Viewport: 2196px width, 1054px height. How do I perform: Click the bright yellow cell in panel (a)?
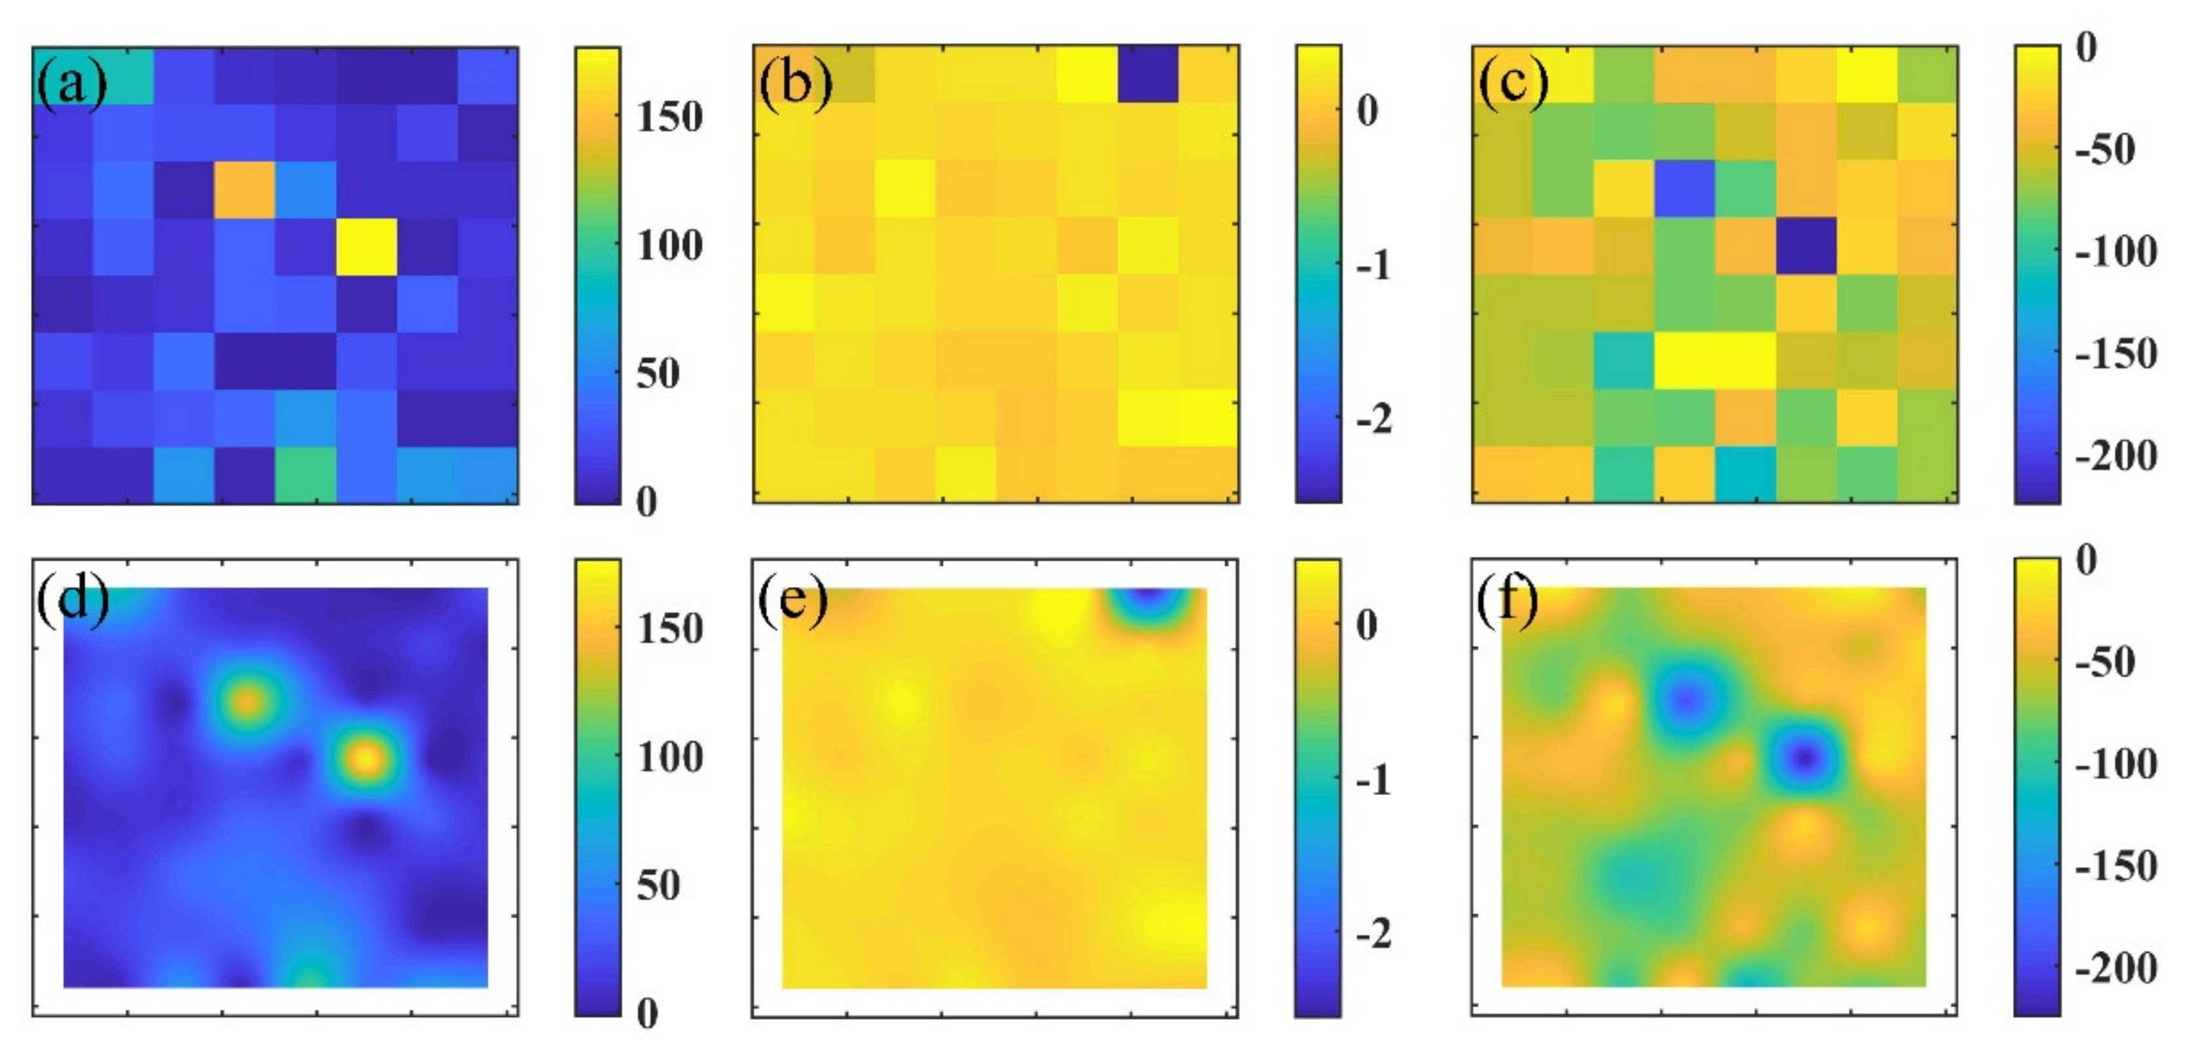coord(366,246)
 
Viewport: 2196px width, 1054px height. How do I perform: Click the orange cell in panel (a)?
coord(244,189)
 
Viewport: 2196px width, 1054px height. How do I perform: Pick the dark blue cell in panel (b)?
coord(1148,74)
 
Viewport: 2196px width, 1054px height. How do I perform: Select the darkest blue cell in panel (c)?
coord(1805,246)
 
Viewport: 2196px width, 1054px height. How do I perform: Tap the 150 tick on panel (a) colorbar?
coord(670,117)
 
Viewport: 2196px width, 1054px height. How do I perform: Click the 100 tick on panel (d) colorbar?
coord(670,756)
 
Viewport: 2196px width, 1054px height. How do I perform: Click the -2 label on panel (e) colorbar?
coord(1373,934)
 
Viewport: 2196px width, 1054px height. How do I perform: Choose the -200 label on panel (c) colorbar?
coord(2116,456)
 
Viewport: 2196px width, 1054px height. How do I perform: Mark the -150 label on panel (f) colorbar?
coord(2116,866)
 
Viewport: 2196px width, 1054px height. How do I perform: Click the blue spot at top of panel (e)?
coord(1148,599)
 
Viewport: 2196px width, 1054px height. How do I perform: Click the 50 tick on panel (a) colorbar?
coord(658,373)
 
